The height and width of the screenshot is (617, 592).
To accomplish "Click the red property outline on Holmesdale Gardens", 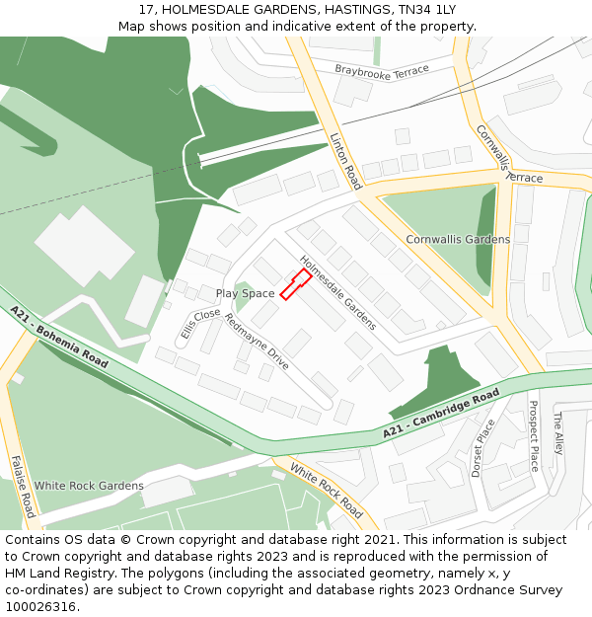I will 295,283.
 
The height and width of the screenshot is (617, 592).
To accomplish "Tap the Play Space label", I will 245,293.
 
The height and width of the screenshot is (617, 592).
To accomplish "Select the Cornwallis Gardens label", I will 458,239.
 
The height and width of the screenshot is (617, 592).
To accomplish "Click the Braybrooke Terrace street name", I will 382,71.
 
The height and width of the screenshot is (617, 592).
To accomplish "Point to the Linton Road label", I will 345,161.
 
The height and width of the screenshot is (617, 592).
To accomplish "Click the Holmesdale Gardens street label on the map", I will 337,293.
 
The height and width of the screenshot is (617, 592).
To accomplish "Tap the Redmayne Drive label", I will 257,342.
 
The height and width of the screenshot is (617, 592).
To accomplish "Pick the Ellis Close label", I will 200,323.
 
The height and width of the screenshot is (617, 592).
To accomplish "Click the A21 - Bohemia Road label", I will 59,337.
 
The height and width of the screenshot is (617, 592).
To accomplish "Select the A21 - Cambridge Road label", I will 441,414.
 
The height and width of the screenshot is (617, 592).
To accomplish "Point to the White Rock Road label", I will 327,493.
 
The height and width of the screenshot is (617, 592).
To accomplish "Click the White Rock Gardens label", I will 89,486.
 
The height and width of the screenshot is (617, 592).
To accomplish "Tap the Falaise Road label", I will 24,486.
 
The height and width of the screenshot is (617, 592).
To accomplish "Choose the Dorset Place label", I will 482,447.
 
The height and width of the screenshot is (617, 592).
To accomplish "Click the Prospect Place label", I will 534,435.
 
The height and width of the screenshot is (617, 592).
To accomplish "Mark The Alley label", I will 557,432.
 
